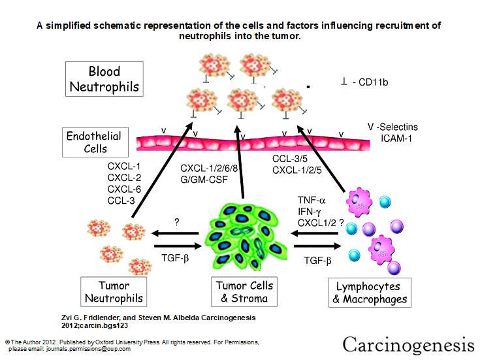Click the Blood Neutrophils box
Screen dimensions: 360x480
coord(104,79)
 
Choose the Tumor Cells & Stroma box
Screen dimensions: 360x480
coord(245,292)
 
